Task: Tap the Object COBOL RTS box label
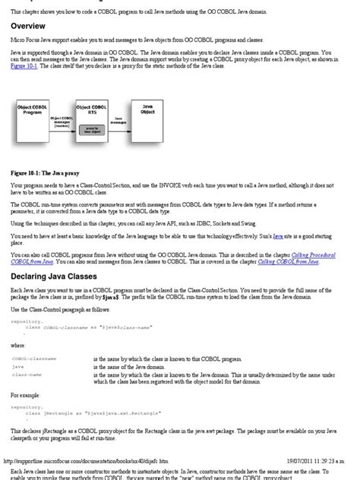(92, 111)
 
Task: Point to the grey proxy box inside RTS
(91, 129)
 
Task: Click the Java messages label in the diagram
(118, 120)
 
